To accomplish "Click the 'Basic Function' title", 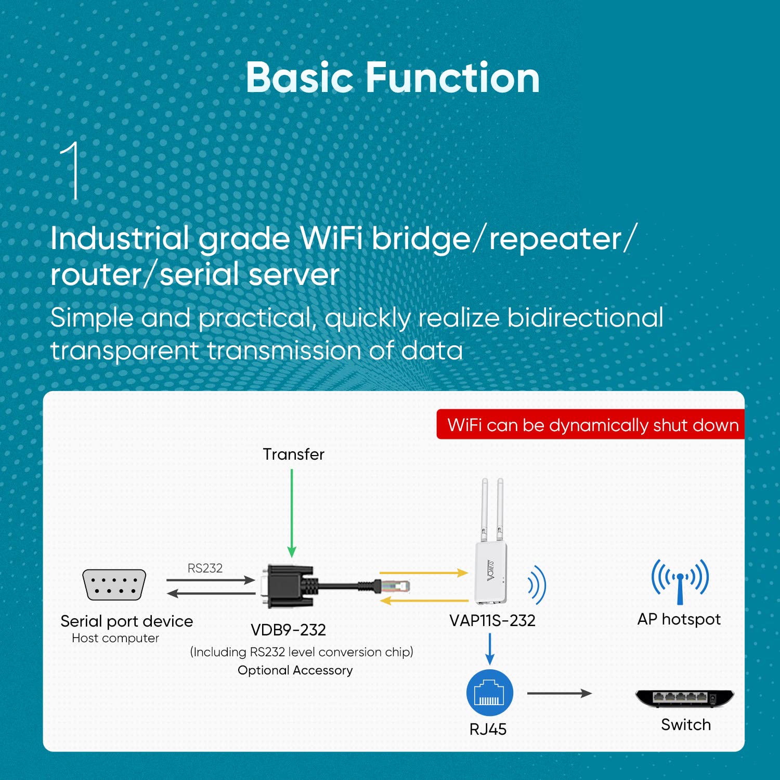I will tap(393, 78).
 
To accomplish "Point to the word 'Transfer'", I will tap(293, 454).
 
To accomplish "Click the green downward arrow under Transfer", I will tap(292, 512).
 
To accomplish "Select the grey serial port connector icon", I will tap(114, 584).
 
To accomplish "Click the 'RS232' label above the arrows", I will tap(205, 568).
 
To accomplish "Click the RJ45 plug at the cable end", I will tap(395, 587).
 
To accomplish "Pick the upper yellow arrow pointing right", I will tap(423, 573).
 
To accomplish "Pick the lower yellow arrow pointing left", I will tap(423, 601).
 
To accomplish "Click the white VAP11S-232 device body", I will tap(490, 572).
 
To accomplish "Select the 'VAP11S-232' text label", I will tap(492, 620).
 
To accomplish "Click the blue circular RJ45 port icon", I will tap(490, 693).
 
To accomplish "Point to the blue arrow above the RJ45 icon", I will tap(490, 648).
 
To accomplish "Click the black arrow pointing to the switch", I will tap(559, 693).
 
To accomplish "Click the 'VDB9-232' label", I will tap(288, 630).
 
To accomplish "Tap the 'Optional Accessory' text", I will tap(295, 670).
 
